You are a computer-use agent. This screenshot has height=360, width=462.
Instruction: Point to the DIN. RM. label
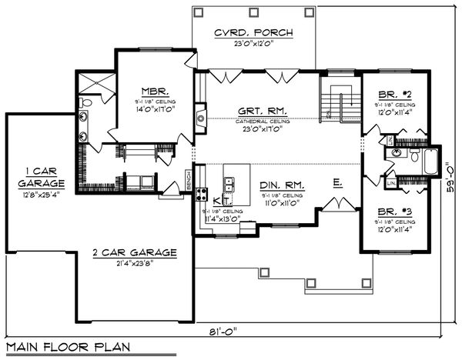(285, 185)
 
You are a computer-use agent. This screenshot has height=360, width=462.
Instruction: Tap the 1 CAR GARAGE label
(36, 178)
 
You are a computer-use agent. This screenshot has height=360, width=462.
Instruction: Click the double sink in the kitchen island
(229, 185)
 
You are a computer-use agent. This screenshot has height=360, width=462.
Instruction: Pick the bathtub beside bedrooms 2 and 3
(428, 164)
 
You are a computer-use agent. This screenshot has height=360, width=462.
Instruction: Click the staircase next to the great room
(340, 98)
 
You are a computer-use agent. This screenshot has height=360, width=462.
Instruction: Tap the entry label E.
(337, 183)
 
